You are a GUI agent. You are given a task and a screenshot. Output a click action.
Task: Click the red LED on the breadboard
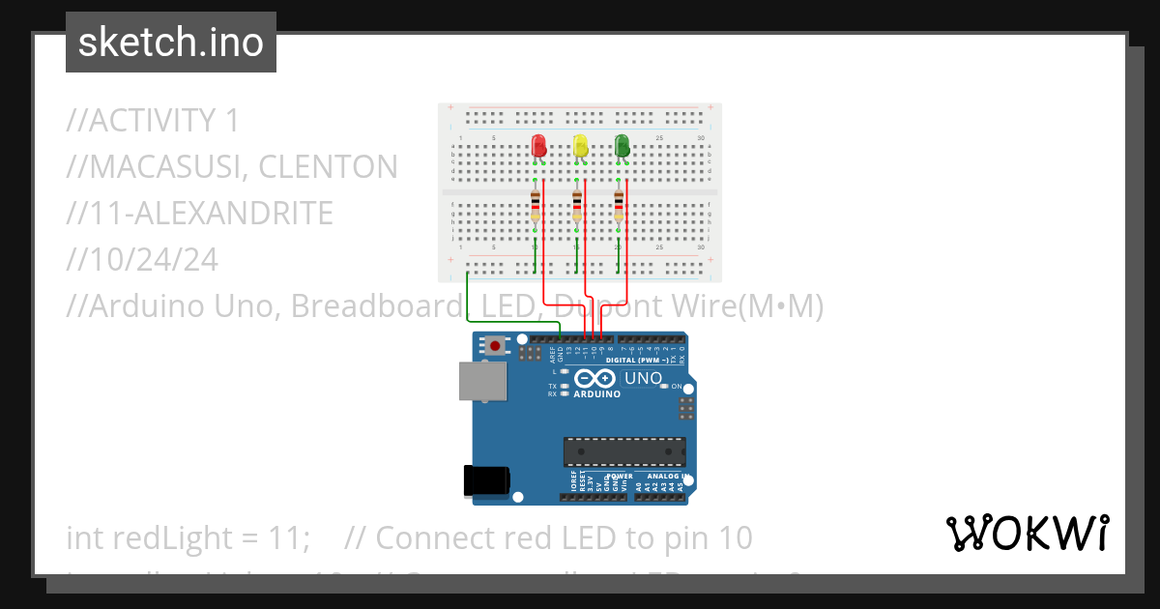point(539,147)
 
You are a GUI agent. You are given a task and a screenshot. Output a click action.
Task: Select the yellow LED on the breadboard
point(581,147)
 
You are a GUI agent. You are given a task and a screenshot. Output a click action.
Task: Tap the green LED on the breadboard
point(623,147)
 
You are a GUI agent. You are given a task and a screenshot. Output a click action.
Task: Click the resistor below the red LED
point(536,206)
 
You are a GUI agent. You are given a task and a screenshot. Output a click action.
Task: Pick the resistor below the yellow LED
point(577,206)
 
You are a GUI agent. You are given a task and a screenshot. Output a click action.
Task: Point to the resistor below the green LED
point(619,206)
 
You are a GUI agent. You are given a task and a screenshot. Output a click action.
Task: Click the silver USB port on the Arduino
point(480,381)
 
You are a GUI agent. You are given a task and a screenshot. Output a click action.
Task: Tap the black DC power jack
point(486,480)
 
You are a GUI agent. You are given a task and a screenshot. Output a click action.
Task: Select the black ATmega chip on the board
point(625,451)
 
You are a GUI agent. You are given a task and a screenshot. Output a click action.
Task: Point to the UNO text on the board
point(643,378)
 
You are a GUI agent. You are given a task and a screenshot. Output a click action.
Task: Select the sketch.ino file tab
point(171,43)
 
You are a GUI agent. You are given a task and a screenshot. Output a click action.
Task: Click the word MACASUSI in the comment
point(156,167)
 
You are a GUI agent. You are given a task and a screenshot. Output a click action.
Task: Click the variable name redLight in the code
point(162,537)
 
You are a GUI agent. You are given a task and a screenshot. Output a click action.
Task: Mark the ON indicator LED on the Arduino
point(663,387)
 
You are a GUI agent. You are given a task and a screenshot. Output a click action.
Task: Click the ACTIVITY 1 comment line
point(153,121)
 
